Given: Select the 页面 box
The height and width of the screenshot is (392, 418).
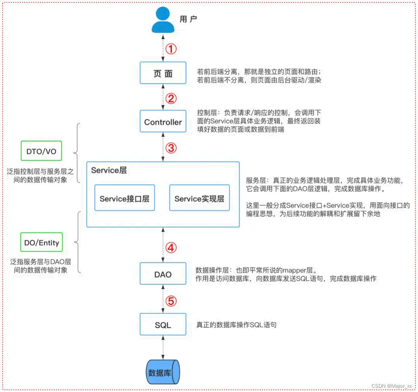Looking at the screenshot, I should (163, 73).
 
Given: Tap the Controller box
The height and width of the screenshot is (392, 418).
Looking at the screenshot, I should (163, 122).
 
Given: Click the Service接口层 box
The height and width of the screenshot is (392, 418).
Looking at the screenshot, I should (124, 199).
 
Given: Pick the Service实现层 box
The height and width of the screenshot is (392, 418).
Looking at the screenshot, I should (199, 199).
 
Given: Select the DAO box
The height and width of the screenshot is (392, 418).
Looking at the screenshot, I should (163, 274).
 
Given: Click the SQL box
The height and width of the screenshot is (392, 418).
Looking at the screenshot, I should (163, 325).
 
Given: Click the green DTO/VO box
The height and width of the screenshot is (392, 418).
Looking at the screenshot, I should (41, 151).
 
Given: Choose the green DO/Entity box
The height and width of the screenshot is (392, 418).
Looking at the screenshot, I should (41, 243).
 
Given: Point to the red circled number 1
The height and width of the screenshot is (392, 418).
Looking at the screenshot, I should (171, 49).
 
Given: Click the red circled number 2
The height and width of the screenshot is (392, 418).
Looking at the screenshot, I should (171, 98).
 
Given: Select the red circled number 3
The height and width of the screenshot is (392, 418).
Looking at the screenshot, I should (171, 148).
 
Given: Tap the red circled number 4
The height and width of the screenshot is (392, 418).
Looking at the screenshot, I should (171, 248).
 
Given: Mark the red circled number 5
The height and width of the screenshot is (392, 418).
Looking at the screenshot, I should (171, 300).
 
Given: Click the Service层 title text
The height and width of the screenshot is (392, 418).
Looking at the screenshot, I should (109, 170).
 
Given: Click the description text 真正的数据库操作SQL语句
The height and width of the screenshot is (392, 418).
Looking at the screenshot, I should (236, 325).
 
